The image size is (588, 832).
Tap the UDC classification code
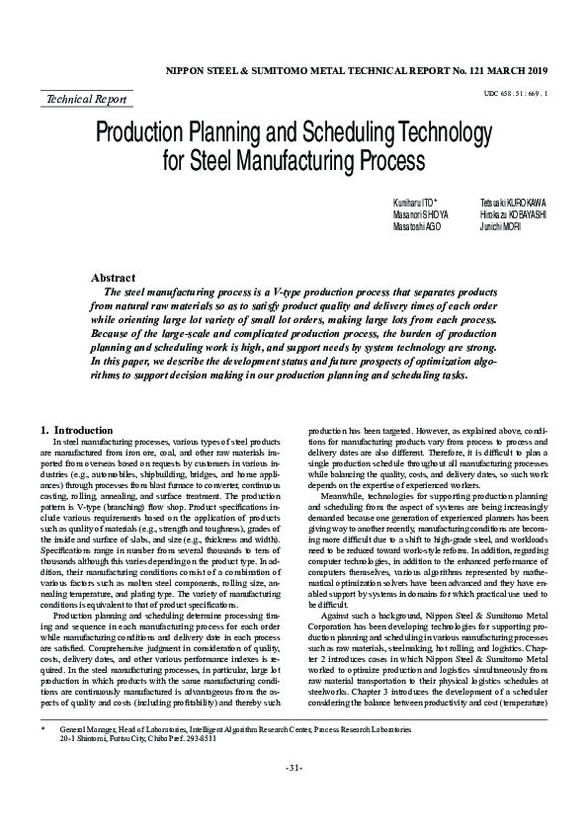point(516,93)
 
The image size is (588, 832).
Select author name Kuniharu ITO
point(414,202)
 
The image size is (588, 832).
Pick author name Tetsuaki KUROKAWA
point(513,202)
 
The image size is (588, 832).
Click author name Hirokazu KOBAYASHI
point(514,213)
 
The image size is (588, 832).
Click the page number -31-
point(294,795)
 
